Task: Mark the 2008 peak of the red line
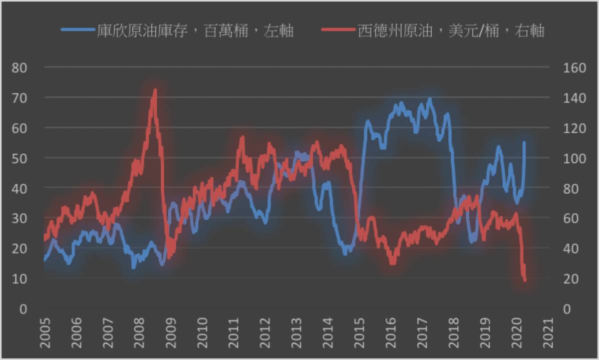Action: (155, 90)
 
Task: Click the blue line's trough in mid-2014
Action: (345, 253)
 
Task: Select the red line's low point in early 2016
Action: (392, 263)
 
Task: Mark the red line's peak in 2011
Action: (243, 137)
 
